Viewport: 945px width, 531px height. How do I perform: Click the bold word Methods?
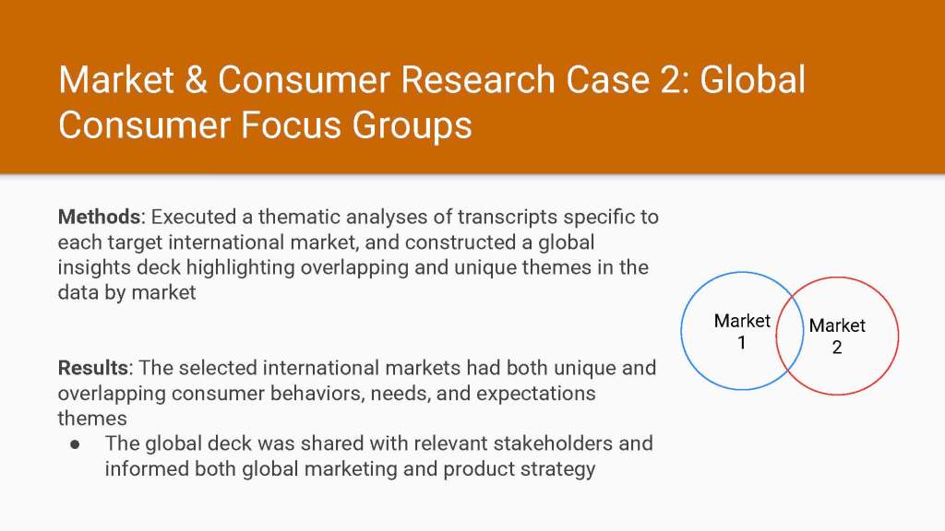[99, 217]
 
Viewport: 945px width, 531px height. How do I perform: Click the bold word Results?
[93, 368]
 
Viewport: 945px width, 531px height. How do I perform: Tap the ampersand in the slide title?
[196, 80]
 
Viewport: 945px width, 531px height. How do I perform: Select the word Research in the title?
[477, 80]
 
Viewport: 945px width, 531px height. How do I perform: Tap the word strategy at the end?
[557, 469]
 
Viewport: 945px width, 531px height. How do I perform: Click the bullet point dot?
[75, 445]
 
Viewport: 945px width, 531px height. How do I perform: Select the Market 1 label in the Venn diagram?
[742, 332]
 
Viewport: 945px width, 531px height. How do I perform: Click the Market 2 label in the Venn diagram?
[836, 336]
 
